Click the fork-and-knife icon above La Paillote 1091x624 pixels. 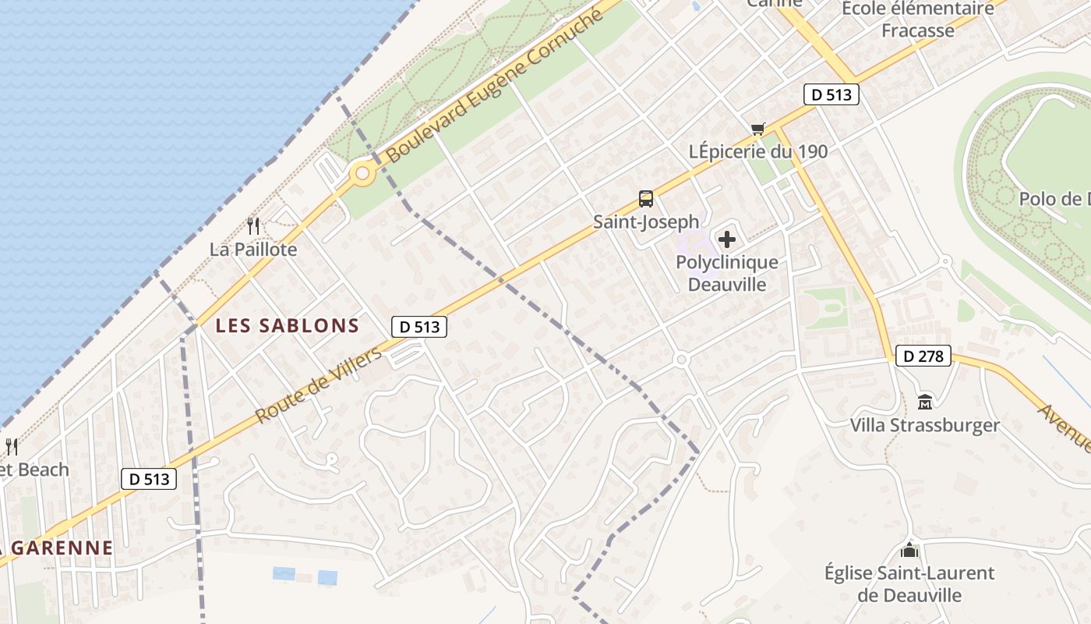pyautogui.click(x=252, y=226)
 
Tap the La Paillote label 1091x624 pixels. pyautogui.click(x=253, y=250)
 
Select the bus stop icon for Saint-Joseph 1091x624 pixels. pyautogui.click(x=645, y=199)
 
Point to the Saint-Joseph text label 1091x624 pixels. pyautogui.click(x=646, y=222)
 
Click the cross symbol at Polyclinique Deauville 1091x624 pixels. pyautogui.click(x=727, y=239)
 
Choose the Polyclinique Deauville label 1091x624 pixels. pyautogui.click(x=727, y=273)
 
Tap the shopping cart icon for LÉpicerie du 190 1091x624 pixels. pyautogui.click(x=757, y=129)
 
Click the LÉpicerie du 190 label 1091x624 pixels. pyautogui.click(x=758, y=151)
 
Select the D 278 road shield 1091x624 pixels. pyautogui.click(x=923, y=356)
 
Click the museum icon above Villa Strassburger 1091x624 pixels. pyautogui.click(x=925, y=402)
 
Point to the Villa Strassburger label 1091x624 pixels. pyautogui.click(x=924, y=425)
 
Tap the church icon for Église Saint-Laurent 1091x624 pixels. pyautogui.click(x=909, y=550)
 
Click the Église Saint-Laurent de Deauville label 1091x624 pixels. pyautogui.click(x=909, y=583)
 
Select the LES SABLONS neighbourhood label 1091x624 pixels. pyautogui.click(x=288, y=326)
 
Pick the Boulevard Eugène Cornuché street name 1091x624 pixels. pyautogui.click(x=495, y=86)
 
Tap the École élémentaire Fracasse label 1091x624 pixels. pyautogui.click(x=918, y=19)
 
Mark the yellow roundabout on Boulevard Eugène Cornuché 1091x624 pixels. pyautogui.click(x=362, y=174)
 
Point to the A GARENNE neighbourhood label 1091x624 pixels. pyautogui.click(x=58, y=548)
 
